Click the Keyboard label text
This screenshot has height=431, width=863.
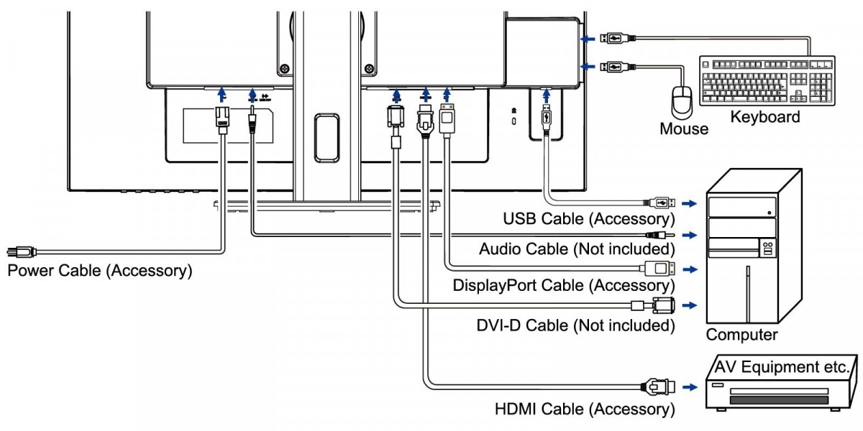click(765, 117)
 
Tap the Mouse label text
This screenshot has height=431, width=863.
click(684, 129)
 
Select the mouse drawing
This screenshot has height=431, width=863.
click(682, 101)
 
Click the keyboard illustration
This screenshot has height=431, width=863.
click(767, 80)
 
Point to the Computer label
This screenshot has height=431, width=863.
click(741, 335)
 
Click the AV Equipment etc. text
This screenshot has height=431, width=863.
click(782, 367)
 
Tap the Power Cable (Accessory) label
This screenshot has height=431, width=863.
click(100, 271)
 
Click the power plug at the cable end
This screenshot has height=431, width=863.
click(22, 252)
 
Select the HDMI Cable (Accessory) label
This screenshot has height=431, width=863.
click(585, 409)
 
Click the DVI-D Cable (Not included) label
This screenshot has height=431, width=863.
click(575, 325)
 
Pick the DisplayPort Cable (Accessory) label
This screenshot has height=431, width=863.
click(564, 286)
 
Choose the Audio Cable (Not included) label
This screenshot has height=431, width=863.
click(577, 249)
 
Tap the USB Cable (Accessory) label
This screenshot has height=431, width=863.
click(589, 219)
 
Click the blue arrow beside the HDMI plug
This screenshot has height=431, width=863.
click(690, 387)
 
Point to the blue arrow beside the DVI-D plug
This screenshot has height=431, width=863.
click(690, 305)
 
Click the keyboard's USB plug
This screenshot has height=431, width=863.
click(618, 39)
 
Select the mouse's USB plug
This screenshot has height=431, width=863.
click(618, 67)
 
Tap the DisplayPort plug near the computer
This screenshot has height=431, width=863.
click(660, 268)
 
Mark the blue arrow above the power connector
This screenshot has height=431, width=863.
click(222, 94)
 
